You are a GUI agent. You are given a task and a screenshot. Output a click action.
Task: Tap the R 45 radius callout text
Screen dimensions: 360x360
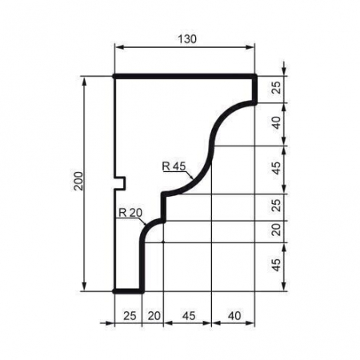pyautogui.click(x=173, y=166)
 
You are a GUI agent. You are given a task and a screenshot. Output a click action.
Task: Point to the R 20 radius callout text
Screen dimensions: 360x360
pyautogui.click(x=129, y=212)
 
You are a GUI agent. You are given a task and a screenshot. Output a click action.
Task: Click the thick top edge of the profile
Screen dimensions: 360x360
pyautogui.click(x=184, y=77)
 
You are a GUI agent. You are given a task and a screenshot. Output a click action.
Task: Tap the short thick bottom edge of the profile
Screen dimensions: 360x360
pyautogui.click(x=129, y=291)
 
